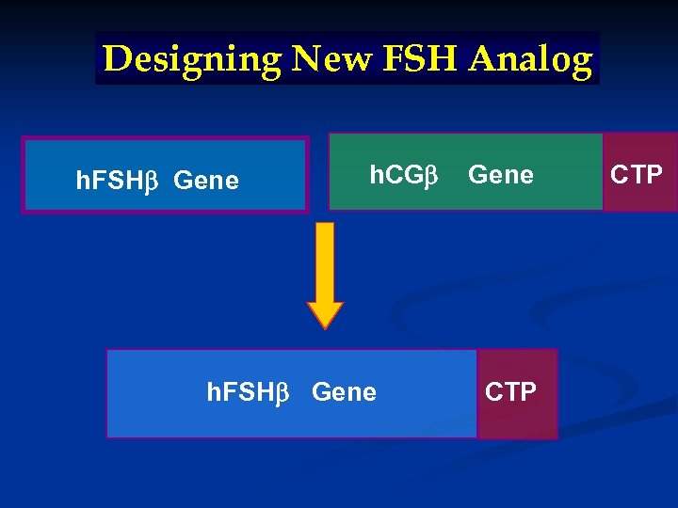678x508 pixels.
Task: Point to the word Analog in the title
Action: coord(531,59)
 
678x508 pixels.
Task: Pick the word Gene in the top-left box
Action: coord(207,179)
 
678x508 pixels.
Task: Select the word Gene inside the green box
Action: coord(501,175)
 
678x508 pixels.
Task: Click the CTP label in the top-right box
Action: coord(637,174)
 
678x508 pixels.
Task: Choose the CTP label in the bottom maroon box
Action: coord(510,391)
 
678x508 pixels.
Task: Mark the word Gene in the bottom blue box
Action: coord(344,391)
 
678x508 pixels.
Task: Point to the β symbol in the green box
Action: coord(432,176)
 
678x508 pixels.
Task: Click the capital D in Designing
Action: coord(116,58)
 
